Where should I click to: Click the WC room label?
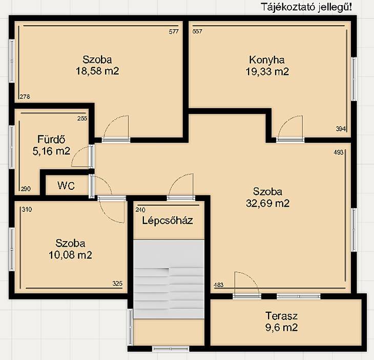(x=66, y=186)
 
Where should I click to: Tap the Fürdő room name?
(x=51, y=139)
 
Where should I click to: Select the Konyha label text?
(x=266, y=60)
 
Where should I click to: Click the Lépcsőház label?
(x=168, y=221)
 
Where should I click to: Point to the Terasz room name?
(x=281, y=316)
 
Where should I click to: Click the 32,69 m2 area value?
(x=267, y=204)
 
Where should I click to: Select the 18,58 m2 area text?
(x=97, y=71)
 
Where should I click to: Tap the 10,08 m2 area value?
(x=70, y=255)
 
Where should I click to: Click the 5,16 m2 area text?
(x=51, y=151)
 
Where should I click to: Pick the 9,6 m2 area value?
(x=281, y=327)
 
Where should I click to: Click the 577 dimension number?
(x=174, y=31)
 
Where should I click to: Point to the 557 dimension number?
(x=197, y=31)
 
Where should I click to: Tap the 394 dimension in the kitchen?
(x=341, y=129)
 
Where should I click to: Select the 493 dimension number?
(x=339, y=152)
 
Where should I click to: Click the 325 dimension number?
(x=117, y=284)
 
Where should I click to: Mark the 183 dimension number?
(x=219, y=285)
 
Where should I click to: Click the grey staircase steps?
(x=169, y=279)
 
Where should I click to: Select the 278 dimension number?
(x=25, y=97)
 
